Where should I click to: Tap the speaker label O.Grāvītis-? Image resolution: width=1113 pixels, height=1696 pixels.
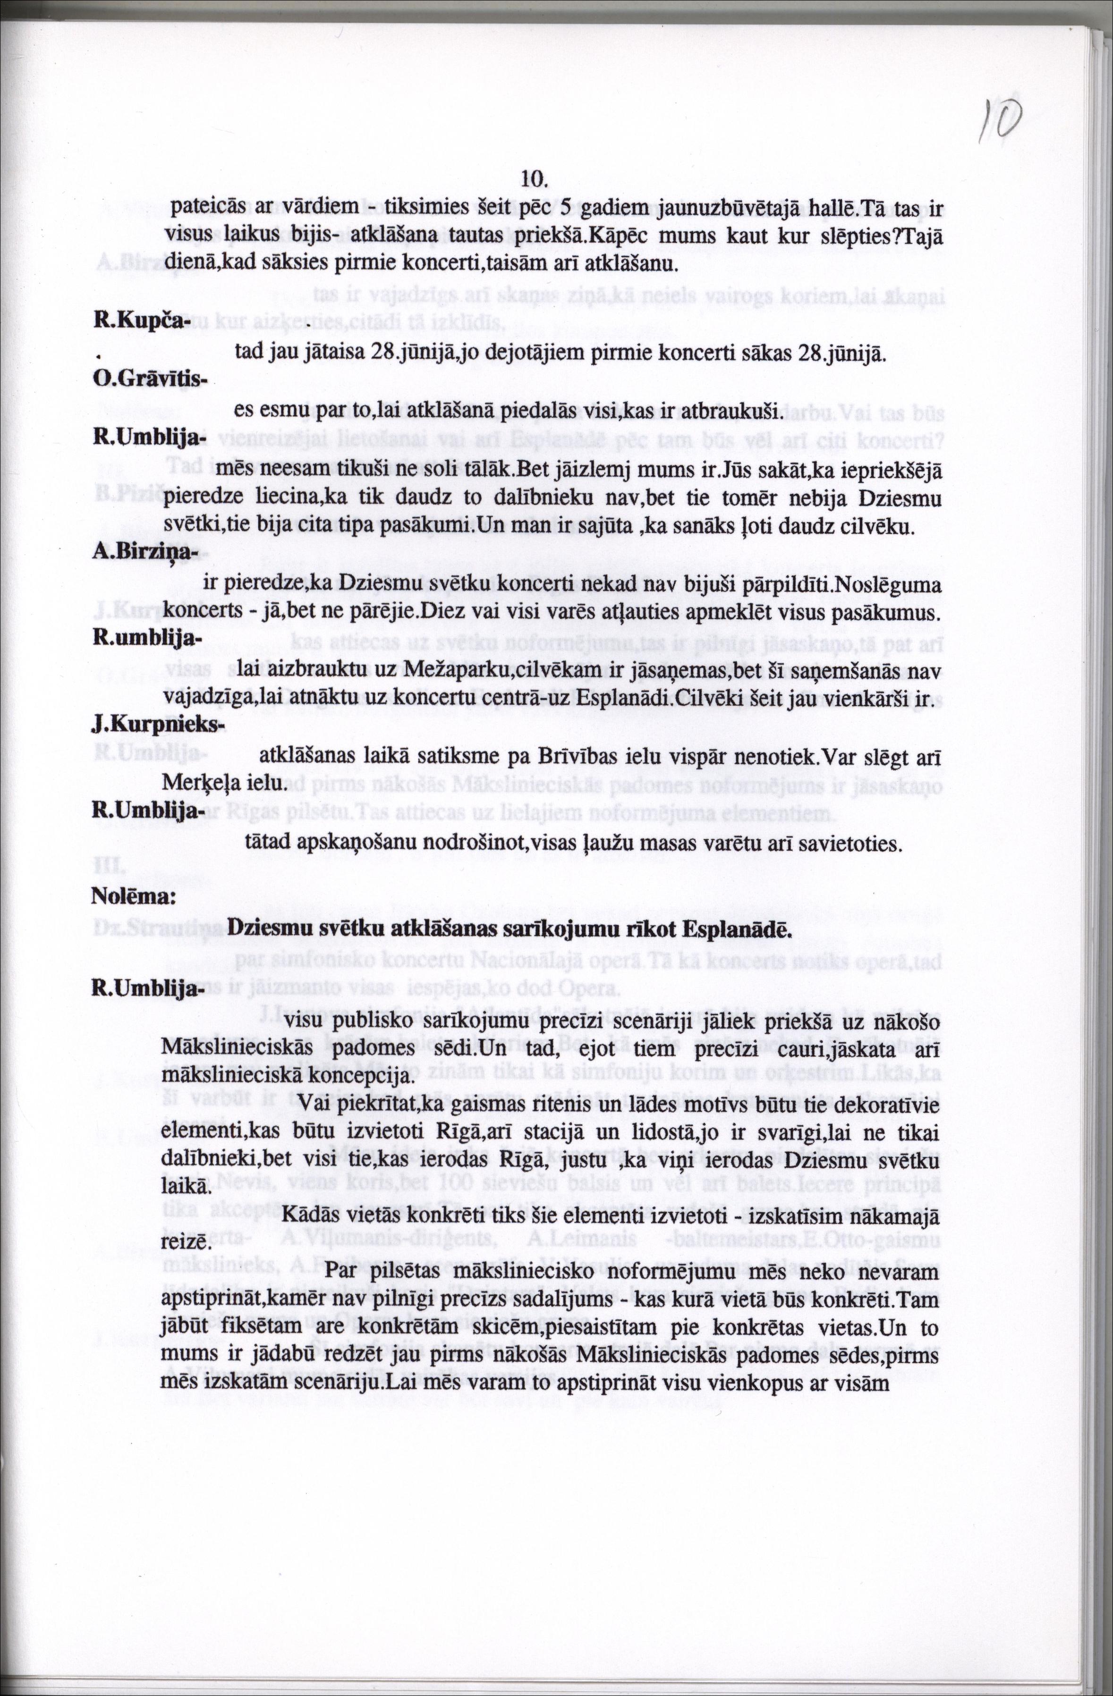pyautogui.click(x=150, y=380)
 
